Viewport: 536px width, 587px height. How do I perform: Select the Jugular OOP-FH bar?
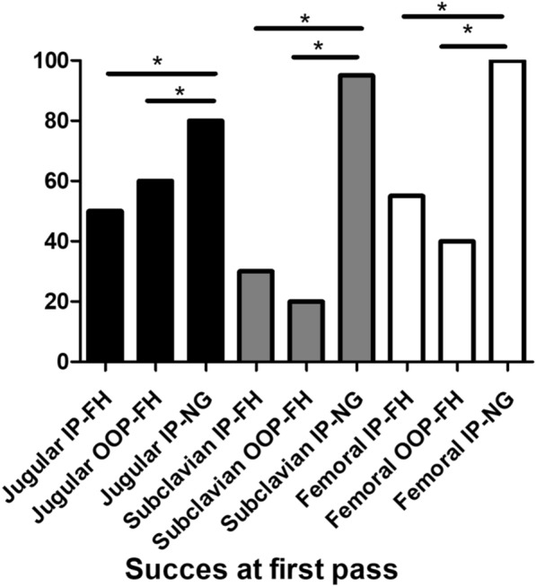tap(155, 271)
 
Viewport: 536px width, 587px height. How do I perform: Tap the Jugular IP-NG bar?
tap(205, 241)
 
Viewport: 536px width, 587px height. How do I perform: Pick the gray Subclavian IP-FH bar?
tap(255, 316)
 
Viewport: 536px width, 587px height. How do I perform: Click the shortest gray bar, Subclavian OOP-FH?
tap(306, 331)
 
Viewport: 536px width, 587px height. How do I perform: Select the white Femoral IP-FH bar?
tap(407, 278)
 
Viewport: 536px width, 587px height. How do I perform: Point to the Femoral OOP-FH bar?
tap(457, 301)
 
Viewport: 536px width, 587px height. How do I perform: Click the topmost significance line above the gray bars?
tap(308, 28)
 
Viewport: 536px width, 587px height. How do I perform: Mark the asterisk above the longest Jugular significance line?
tap(157, 61)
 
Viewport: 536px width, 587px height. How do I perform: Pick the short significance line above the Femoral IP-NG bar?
tap(473, 45)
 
